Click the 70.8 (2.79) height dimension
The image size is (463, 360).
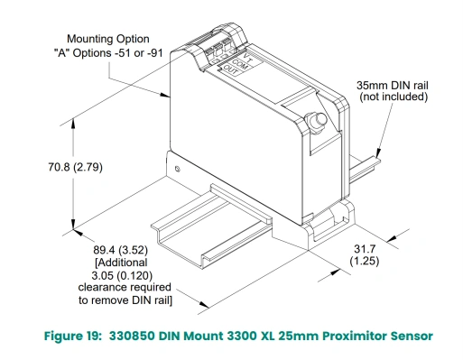[75, 167]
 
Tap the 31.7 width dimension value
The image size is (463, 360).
[365, 249]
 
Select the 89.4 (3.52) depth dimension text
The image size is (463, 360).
[120, 250]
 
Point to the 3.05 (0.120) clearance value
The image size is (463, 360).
[122, 275]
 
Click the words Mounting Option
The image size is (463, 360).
[108, 39]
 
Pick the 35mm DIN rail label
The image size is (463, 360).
[393, 85]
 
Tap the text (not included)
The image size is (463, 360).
[394, 97]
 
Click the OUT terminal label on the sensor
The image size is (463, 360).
[231, 70]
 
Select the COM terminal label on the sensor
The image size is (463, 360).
[240, 64]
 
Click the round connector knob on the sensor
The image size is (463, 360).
[316, 121]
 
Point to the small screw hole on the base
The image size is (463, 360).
[178, 169]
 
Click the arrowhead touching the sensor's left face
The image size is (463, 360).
[165, 95]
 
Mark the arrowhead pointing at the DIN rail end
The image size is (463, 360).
[378, 152]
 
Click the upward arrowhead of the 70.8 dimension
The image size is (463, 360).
[73, 125]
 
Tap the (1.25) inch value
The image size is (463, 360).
[365, 261]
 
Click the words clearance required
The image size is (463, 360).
[125, 287]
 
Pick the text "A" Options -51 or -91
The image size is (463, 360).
[108, 53]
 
